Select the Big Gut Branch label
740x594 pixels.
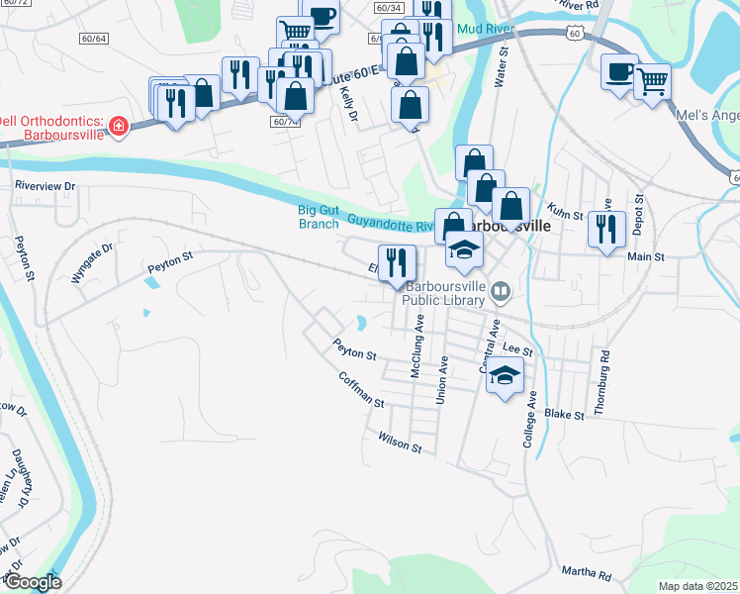[319, 216]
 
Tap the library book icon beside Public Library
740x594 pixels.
[501, 290]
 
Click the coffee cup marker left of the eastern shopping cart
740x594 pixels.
[619, 71]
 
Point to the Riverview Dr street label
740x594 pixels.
[45, 185]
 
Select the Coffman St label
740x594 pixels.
[360, 389]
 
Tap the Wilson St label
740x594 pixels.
[400, 442]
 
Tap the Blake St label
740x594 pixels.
[564, 413]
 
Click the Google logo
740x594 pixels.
[32, 581]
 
